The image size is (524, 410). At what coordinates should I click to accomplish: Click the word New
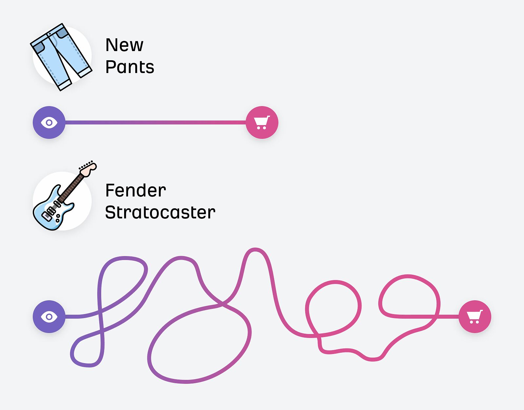tap(124, 45)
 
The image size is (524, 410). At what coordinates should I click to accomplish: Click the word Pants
tap(130, 67)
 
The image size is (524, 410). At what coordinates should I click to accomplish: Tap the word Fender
tap(135, 191)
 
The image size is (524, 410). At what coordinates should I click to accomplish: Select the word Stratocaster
tap(160, 213)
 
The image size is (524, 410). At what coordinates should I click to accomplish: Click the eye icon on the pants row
tap(49, 122)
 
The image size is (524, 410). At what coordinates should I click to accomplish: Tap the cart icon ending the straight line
tap(262, 122)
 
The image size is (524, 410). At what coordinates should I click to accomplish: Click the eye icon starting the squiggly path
tap(49, 317)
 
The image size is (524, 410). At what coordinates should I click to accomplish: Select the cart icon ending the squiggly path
tap(475, 317)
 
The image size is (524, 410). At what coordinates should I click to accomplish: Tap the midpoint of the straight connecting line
tap(156, 122)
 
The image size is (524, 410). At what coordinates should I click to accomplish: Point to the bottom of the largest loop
tap(187, 382)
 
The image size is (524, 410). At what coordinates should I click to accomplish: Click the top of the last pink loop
tap(408, 276)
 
